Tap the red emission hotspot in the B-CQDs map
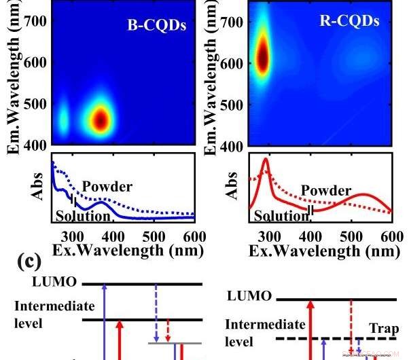100,120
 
